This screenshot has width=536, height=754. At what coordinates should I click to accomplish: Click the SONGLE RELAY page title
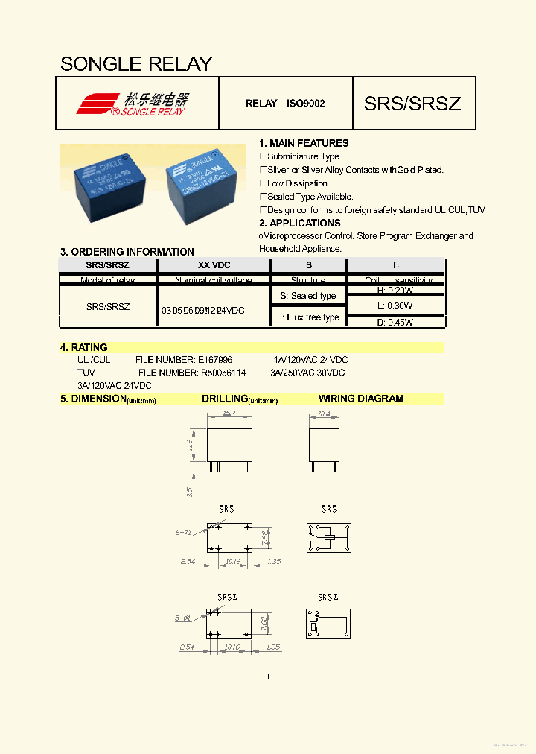(136, 64)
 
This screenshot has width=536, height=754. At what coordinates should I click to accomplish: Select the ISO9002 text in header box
(305, 104)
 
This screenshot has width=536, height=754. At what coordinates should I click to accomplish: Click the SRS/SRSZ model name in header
(412, 104)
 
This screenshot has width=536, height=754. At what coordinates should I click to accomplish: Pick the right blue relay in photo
(197, 183)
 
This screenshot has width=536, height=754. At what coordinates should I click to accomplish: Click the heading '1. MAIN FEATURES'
(304, 143)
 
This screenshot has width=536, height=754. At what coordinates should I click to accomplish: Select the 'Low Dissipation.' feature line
(298, 183)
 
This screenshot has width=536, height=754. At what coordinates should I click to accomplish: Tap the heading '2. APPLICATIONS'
(299, 223)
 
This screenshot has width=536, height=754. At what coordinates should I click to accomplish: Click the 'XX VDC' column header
(214, 265)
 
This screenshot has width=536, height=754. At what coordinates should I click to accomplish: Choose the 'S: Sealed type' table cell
(307, 296)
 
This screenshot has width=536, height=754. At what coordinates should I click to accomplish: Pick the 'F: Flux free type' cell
(307, 317)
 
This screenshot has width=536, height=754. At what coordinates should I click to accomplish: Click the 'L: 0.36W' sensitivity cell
(395, 306)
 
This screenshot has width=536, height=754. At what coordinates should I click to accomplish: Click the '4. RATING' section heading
(84, 347)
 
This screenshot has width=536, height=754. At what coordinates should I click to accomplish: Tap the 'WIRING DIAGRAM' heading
(360, 399)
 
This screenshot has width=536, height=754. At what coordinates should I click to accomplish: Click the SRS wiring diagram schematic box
(328, 537)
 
